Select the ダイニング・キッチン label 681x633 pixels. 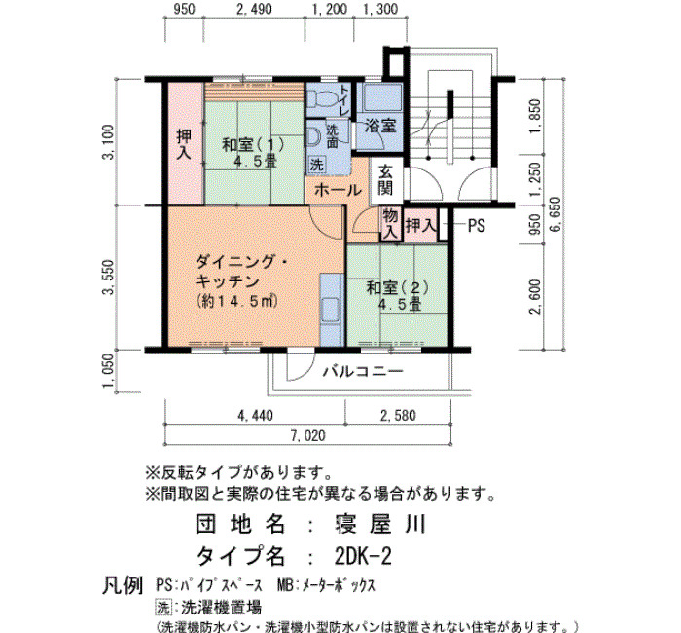(x=240, y=272)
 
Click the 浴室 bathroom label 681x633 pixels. (x=380, y=126)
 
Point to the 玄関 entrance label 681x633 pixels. (x=385, y=180)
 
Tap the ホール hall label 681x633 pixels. (x=338, y=190)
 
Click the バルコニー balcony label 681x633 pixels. (x=363, y=371)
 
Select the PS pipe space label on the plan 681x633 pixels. (x=476, y=226)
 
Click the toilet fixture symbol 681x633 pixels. (x=320, y=99)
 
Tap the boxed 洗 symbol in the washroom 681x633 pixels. (x=316, y=165)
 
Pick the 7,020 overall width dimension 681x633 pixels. (x=307, y=435)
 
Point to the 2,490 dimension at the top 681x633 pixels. (x=255, y=9)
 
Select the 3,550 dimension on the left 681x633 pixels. (x=109, y=278)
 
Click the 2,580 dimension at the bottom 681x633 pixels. (x=398, y=415)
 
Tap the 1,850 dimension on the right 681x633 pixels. (x=535, y=117)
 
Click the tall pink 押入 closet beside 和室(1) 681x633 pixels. (x=186, y=143)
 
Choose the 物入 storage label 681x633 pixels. (x=390, y=223)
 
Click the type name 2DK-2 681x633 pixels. (x=363, y=556)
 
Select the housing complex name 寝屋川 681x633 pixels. (x=380, y=524)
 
